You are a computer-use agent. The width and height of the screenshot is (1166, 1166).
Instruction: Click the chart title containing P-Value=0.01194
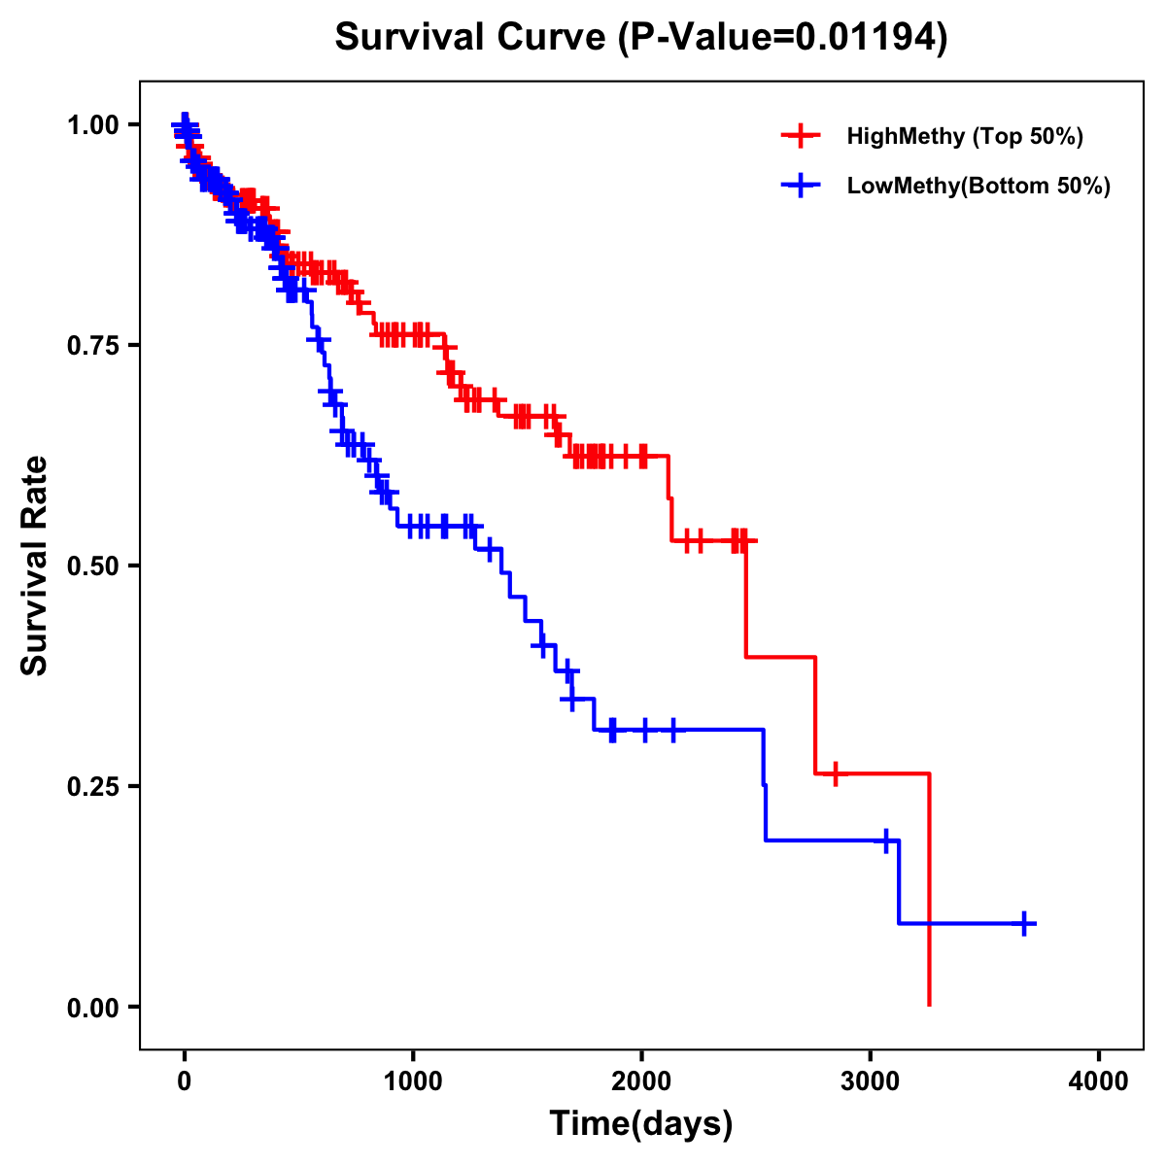pos(641,37)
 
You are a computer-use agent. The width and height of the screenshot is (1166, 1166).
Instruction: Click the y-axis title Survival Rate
pos(35,565)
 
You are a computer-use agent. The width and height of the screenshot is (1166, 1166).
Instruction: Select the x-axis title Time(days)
pos(641,1124)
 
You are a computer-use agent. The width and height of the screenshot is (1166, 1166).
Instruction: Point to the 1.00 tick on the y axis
pos(92,124)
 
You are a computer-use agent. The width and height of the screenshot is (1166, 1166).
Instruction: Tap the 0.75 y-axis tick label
pos(92,345)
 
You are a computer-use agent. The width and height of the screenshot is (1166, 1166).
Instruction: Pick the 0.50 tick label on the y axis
pos(92,566)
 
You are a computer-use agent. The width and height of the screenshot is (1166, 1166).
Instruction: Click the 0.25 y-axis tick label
pos(92,786)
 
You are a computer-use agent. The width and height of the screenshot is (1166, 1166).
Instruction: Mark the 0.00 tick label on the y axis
pos(92,1007)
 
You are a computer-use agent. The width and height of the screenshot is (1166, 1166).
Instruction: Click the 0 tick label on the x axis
pos(185,1081)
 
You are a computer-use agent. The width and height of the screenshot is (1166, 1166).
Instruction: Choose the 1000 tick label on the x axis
pos(413,1081)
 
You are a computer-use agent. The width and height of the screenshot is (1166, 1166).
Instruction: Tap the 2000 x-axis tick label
pos(641,1081)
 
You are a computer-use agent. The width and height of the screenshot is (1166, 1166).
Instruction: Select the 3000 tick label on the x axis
pos(870,1081)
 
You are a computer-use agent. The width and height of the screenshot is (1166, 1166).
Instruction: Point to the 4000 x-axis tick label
pos(1099,1081)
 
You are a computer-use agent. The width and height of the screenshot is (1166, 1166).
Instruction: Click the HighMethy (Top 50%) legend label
pos(965,136)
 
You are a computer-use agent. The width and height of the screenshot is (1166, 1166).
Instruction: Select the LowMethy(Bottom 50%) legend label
pos(978,186)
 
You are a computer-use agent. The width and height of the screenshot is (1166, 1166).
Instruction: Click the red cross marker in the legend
pos(801,136)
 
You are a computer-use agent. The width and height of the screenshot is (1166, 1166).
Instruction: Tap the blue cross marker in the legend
pos(801,186)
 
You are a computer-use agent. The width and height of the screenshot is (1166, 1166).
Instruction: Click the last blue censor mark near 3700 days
pos(1024,923)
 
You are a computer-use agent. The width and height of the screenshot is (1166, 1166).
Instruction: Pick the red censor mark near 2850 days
pos(835,774)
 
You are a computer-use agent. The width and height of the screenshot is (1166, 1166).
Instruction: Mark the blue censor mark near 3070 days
pos(885,840)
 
